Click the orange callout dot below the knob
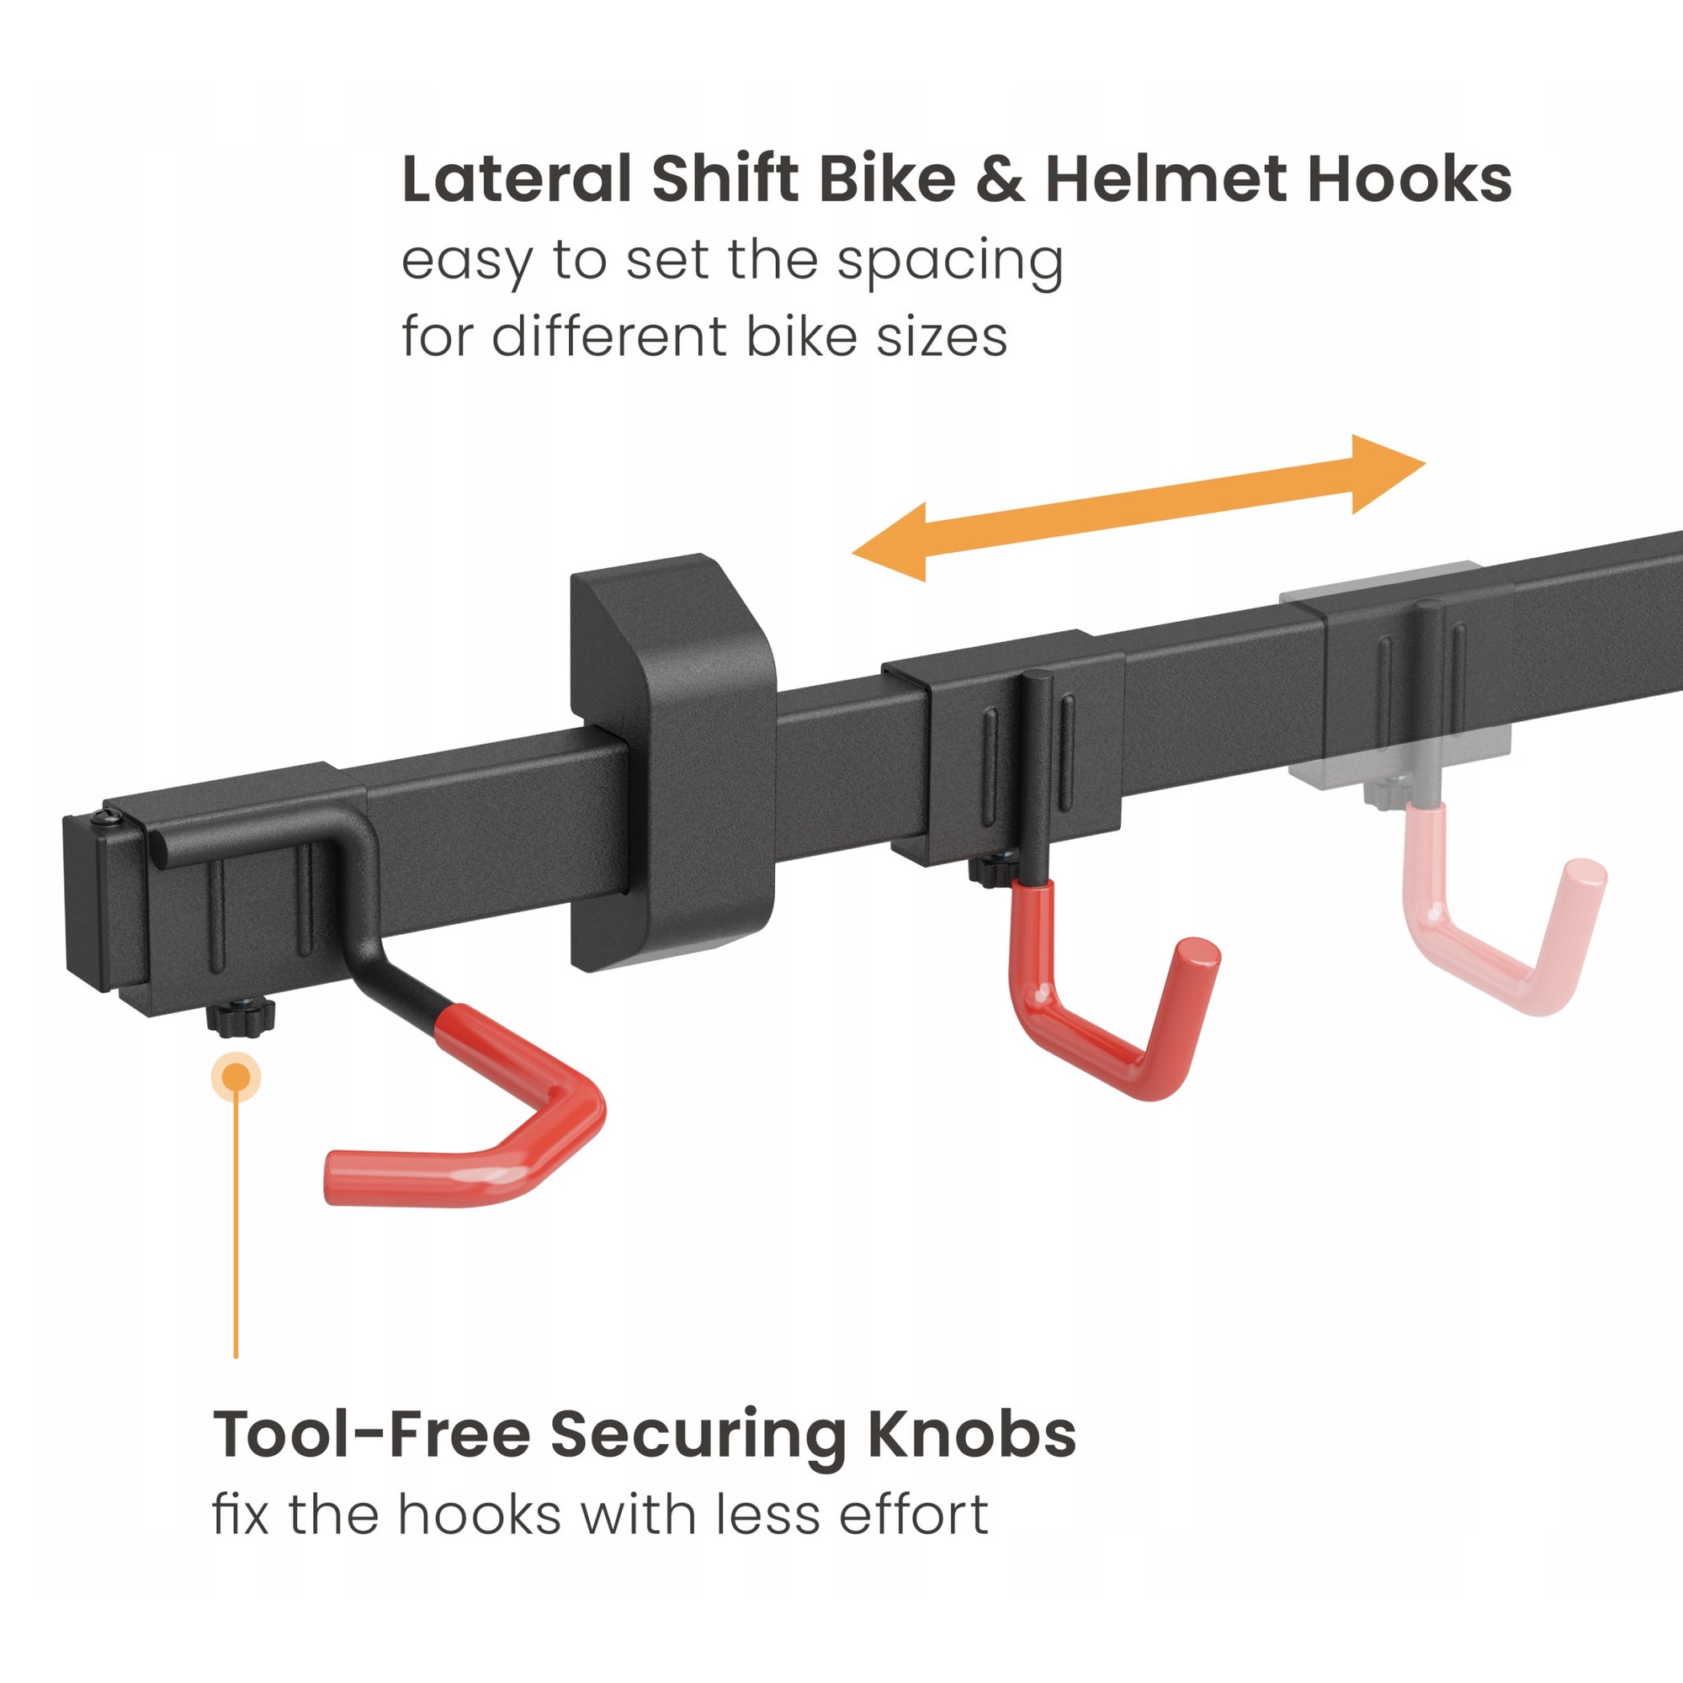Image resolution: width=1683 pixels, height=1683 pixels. point(236,1078)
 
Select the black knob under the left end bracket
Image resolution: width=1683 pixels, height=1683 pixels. point(241,1017)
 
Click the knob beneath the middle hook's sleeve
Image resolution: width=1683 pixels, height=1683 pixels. point(993,871)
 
